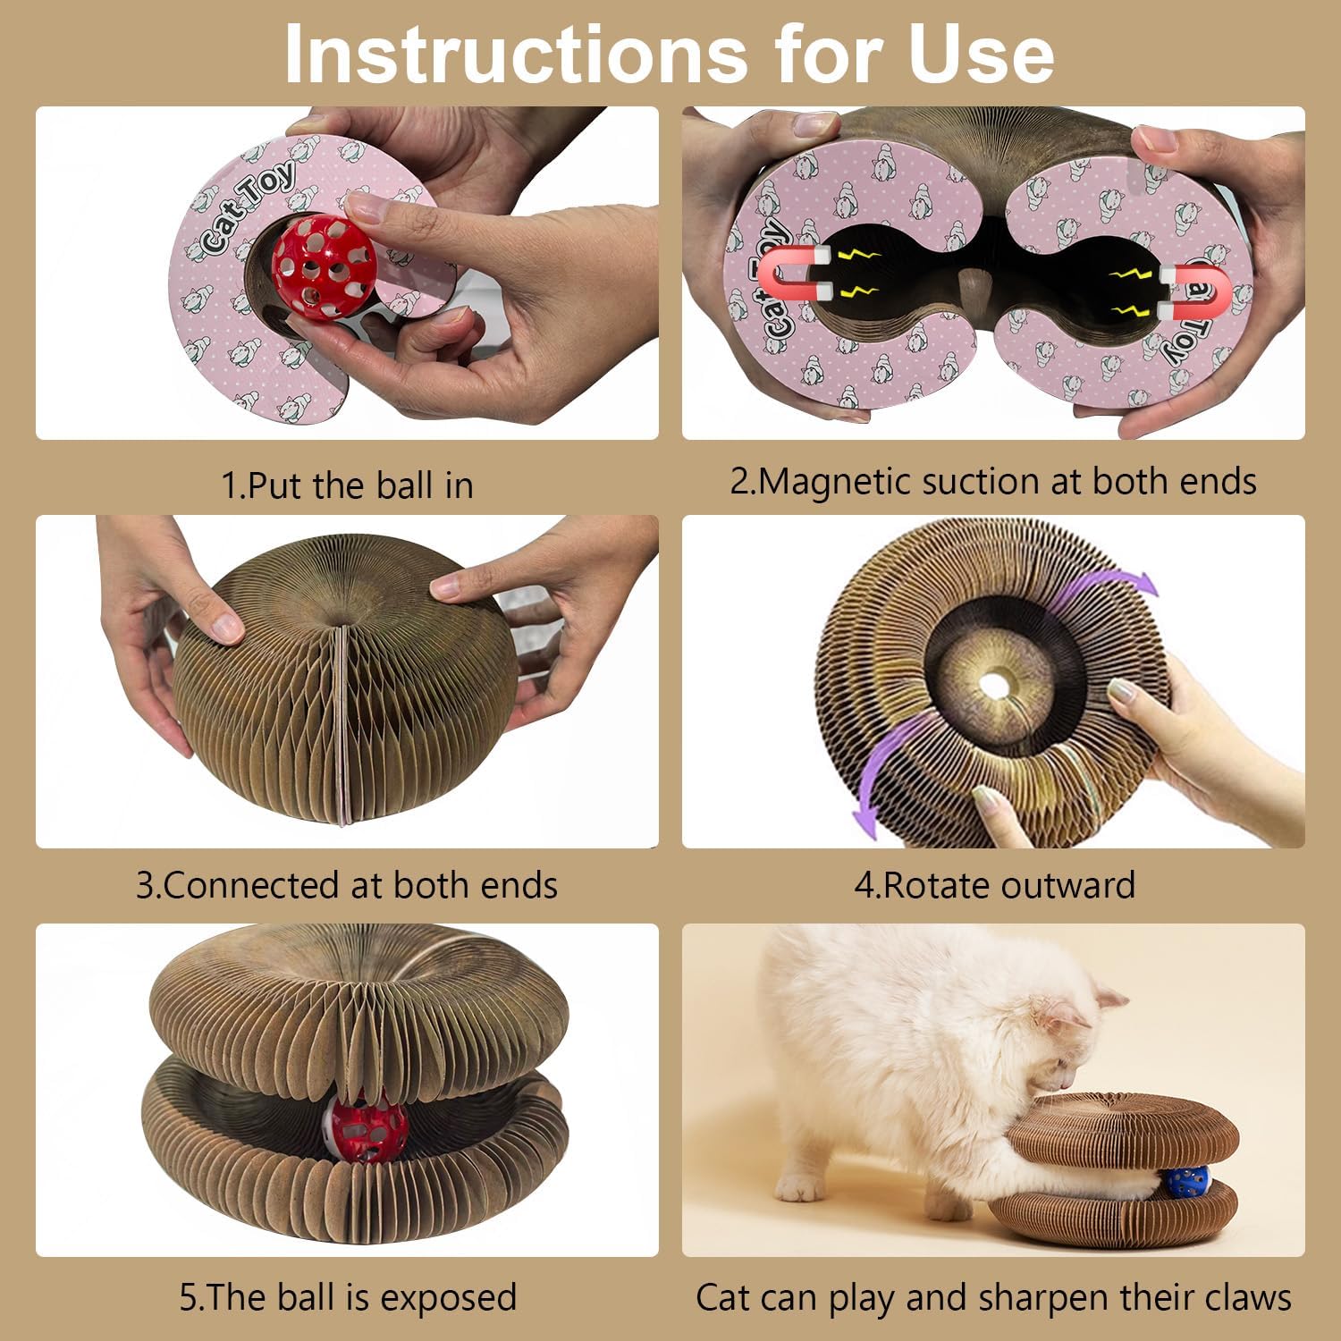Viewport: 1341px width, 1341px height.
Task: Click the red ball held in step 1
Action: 323,266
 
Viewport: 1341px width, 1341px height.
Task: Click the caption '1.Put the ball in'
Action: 347,485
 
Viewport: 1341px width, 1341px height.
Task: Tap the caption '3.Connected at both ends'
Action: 347,885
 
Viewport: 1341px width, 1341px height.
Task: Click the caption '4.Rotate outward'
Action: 994,885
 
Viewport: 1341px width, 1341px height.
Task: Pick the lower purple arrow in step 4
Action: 881,778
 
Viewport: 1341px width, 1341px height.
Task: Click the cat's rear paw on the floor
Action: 800,1187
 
